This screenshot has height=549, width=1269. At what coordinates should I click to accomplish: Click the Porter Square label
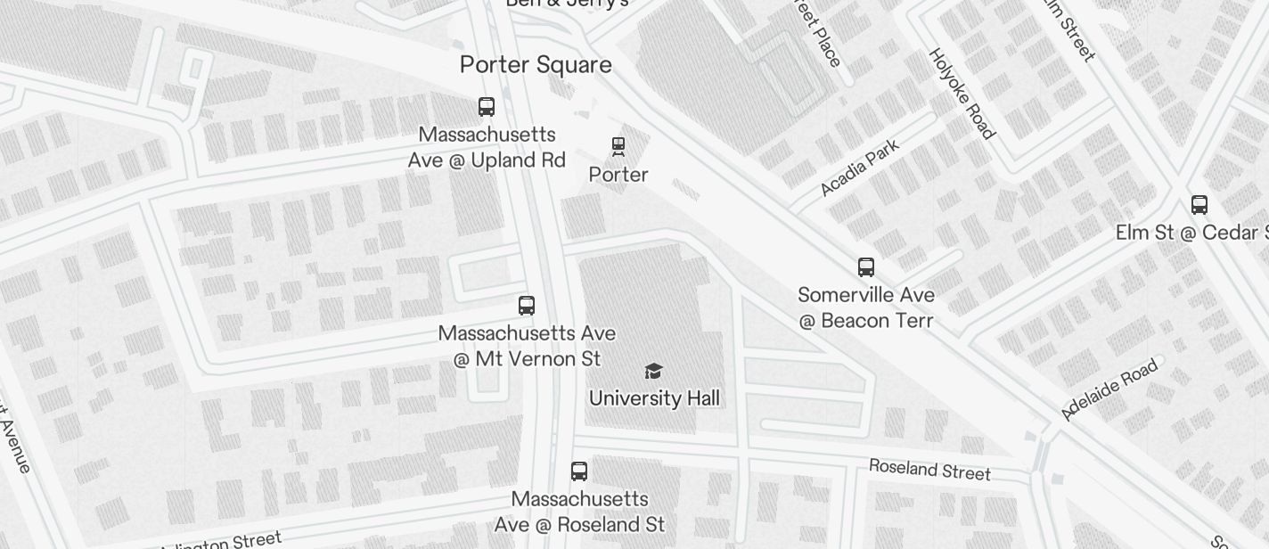tap(536, 65)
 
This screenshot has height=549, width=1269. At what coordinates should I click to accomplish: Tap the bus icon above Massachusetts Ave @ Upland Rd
tap(487, 107)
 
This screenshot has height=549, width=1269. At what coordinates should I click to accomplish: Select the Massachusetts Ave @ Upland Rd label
tap(487, 148)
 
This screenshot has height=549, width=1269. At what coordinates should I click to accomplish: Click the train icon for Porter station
tap(618, 146)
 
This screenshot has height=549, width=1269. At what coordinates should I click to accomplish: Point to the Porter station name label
tap(618, 175)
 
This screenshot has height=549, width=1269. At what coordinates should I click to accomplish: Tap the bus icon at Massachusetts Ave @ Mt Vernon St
tap(527, 306)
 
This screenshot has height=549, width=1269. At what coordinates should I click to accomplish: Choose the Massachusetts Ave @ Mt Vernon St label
tap(527, 346)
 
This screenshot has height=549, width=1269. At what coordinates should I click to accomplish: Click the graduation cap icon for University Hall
tap(654, 371)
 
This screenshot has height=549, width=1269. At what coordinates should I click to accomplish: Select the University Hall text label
tap(654, 398)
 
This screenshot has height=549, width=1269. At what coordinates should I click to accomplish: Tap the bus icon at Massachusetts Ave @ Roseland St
tap(579, 471)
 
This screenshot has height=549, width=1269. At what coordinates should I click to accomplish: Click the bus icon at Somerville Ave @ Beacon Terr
tap(866, 266)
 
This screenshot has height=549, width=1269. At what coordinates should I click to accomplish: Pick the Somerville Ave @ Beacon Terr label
tap(866, 307)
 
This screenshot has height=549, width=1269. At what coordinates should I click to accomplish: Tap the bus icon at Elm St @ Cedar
tap(1199, 205)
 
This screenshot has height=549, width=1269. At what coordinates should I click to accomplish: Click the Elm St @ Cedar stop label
tap(1191, 233)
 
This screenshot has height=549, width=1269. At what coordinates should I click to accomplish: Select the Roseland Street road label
tap(929, 469)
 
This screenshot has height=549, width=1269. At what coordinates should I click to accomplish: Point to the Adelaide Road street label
tap(1109, 389)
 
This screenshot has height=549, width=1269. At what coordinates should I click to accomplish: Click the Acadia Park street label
tap(859, 168)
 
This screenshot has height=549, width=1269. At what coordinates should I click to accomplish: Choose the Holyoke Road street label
tap(961, 94)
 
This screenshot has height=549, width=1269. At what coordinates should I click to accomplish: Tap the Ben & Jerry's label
tap(568, 4)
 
